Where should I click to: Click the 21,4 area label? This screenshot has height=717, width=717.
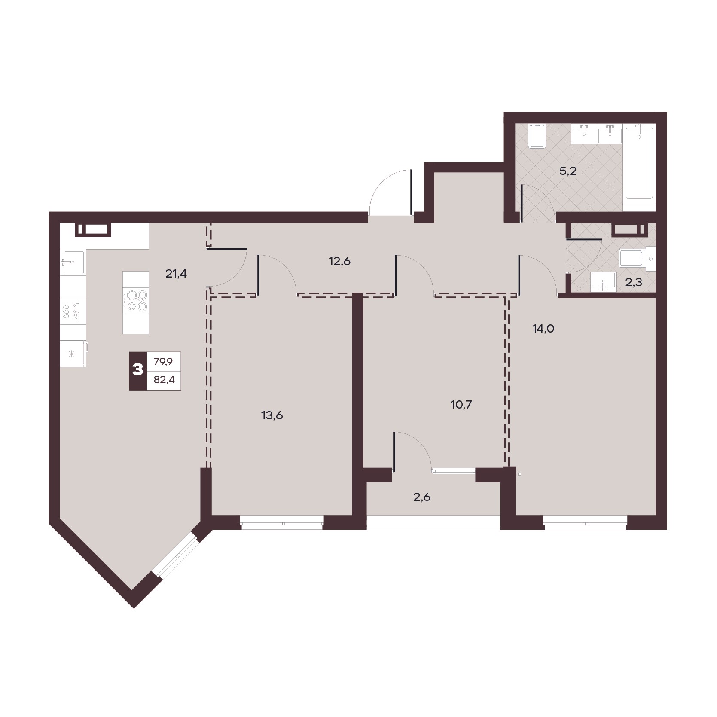coord(176,273)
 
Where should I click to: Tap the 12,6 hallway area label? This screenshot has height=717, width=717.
coord(340,261)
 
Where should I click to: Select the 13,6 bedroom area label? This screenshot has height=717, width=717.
coord(272,415)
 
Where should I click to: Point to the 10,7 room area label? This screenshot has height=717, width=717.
coord(461,404)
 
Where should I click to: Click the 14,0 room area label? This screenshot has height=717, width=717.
coord(543,329)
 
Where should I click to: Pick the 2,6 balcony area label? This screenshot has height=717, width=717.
coord(421,497)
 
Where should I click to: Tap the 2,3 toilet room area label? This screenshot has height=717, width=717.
coord(633,283)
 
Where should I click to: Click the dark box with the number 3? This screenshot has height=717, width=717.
coord(138,371)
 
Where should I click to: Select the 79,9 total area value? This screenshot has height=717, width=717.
coord(163,362)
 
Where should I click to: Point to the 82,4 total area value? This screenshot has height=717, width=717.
coord(163,380)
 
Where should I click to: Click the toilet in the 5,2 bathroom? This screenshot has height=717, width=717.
coord(537,136)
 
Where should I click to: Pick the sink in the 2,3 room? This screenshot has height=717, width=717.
coord(604,282)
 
